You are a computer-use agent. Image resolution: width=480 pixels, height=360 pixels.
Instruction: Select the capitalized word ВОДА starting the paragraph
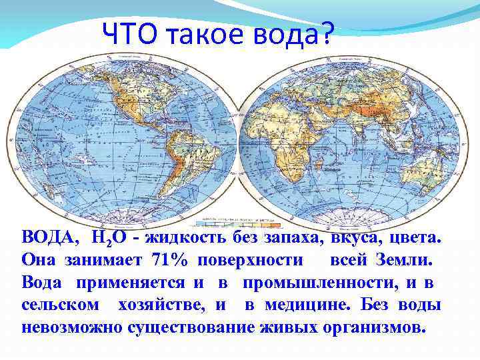(49, 238)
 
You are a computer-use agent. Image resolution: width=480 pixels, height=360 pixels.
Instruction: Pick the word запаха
(294, 238)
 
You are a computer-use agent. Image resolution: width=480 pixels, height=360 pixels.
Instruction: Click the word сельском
(61, 305)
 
